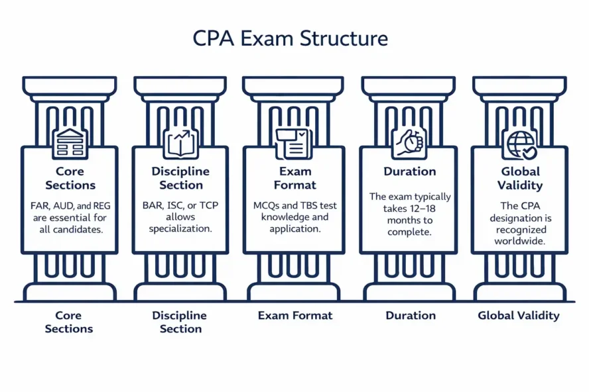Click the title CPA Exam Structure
coord(290,38)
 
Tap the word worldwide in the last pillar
coord(519,241)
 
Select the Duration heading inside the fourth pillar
coord(409,171)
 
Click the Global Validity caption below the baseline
coord(519,316)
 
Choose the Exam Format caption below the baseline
coord(294,316)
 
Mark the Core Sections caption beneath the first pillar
coord(69,322)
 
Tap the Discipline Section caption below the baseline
coord(180,322)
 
